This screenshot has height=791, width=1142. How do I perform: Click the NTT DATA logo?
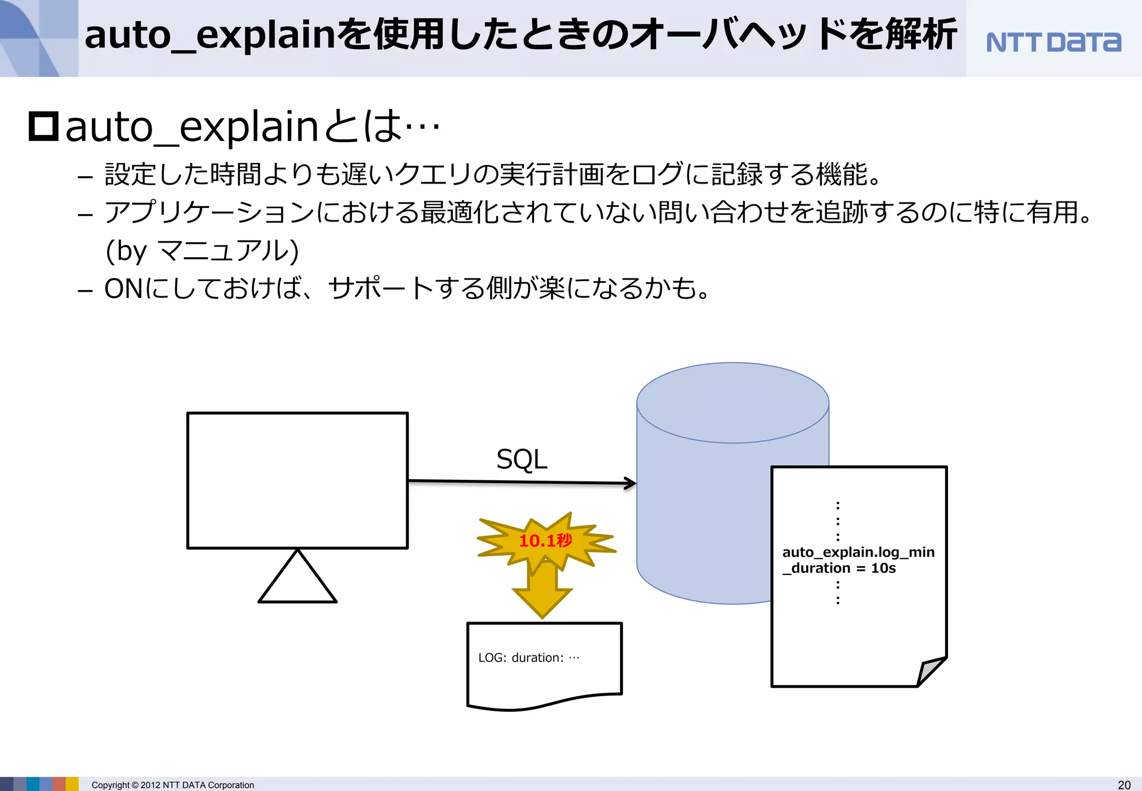tap(1053, 42)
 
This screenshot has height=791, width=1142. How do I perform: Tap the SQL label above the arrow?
tap(521, 460)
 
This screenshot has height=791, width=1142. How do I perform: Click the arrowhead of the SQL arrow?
tap(630, 483)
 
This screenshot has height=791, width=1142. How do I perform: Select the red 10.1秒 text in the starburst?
tap(545, 541)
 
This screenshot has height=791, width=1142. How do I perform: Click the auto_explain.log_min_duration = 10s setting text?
tap(858, 560)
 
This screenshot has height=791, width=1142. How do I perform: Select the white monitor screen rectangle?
tap(297, 480)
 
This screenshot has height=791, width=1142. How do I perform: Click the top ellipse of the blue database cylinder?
tap(733, 403)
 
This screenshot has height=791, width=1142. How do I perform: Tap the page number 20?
tap(1124, 785)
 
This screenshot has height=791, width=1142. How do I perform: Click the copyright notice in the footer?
tap(172, 785)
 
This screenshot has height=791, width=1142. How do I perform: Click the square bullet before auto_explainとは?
tap(43, 127)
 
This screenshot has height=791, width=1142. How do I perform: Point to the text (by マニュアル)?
tap(202, 250)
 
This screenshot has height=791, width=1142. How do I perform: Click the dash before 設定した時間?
tap(85, 177)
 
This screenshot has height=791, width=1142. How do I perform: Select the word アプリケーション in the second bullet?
tap(210, 213)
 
